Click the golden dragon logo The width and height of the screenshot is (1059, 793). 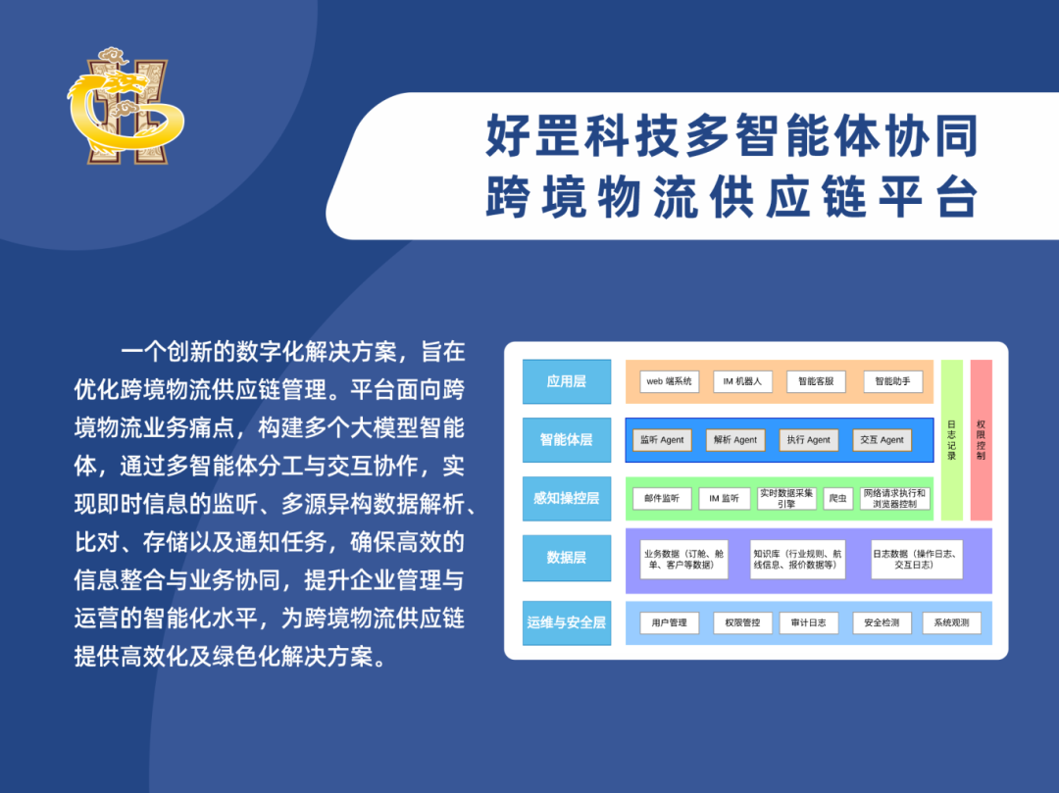125,106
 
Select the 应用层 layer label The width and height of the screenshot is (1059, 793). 567,381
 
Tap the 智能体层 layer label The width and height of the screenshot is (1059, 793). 567,440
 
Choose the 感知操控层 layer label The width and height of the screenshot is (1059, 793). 567,498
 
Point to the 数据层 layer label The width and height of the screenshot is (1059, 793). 567,558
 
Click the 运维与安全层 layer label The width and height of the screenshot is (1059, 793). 567,622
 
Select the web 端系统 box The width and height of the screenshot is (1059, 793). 670,381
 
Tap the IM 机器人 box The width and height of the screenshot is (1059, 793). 742,381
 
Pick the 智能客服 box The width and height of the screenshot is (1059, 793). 816,381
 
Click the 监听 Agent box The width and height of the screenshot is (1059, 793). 662,440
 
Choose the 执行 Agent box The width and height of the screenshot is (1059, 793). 808,440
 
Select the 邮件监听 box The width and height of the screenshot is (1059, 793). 662,498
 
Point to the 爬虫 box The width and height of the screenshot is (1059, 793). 838,498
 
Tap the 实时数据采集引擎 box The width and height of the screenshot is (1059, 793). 786,498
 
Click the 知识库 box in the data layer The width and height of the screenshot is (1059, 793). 798,559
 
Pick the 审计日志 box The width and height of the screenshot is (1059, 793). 809,622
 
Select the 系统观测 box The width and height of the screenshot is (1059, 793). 951,622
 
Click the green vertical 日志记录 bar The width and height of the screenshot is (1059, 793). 952,440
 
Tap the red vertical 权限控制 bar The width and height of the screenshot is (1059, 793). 981,440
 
